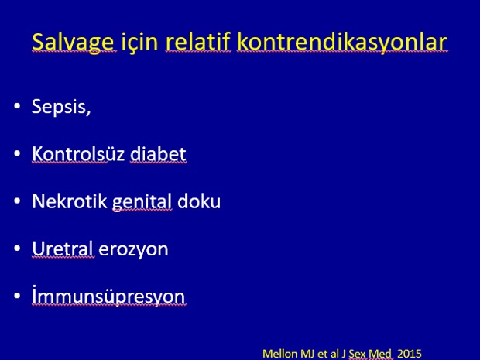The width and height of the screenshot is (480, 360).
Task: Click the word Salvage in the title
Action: (74, 43)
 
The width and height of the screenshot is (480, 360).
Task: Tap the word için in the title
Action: (139, 43)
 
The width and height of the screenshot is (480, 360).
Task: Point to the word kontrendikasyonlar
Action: (342, 43)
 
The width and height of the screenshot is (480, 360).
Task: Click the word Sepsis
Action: (61, 107)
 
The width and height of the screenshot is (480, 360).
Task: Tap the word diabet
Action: (158, 153)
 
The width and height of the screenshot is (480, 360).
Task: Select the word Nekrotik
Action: (70, 201)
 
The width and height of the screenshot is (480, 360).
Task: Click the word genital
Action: (142, 202)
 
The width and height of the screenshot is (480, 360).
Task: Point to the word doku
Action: (199, 201)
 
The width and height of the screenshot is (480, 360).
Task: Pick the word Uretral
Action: (63, 249)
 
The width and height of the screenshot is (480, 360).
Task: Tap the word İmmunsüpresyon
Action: (108, 295)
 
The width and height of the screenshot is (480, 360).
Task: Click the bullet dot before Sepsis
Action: (17, 106)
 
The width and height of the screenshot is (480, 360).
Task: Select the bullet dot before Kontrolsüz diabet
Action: (17, 153)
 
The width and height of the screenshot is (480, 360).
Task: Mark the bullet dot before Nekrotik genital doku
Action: (17, 201)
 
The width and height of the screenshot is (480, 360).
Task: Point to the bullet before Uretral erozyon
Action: (17, 249)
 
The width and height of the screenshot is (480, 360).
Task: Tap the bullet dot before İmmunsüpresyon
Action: (17, 296)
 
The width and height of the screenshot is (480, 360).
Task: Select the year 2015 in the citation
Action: (410, 354)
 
